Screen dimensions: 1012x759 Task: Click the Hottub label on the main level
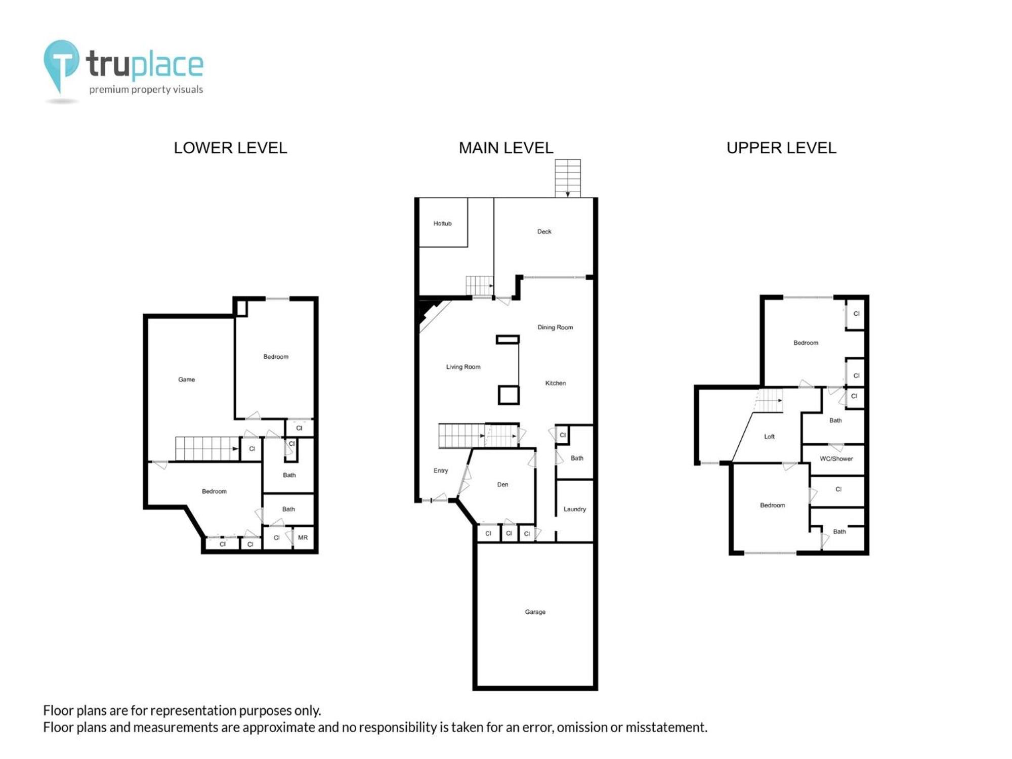click(442, 224)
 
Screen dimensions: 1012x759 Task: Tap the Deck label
click(544, 232)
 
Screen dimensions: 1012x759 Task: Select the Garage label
click(535, 612)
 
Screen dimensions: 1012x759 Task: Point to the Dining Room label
click(555, 327)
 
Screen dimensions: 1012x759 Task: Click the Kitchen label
click(555, 383)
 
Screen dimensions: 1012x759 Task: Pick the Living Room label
click(463, 367)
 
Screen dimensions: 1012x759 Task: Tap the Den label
click(502, 485)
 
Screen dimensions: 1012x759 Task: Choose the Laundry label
click(574, 510)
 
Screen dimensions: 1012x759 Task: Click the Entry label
click(440, 471)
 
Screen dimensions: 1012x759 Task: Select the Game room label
click(186, 379)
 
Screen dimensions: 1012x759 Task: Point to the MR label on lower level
click(303, 538)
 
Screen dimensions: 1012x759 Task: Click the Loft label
click(769, 437)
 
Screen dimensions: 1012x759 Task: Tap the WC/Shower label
click(836, 459)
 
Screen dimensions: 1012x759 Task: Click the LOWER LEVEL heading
click(230, 148)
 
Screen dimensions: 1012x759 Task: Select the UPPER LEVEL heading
click(781, 148)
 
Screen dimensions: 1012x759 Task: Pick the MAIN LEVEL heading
click(506, 148)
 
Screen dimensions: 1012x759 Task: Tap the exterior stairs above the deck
click(568, 178)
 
